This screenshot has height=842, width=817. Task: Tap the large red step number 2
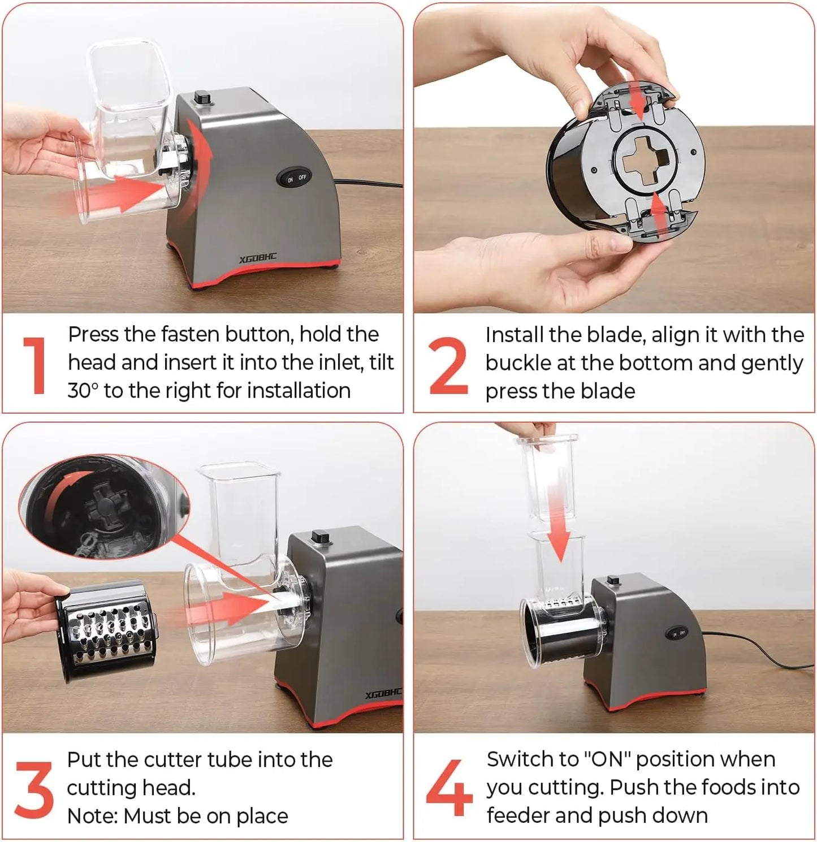tap(449, 365)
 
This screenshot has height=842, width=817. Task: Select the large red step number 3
tap(34, 790)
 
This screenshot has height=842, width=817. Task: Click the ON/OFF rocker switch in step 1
tap(294, 178)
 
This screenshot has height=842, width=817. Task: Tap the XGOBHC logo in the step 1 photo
tap(258, 259)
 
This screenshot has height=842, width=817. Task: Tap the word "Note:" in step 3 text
tap(93, 817)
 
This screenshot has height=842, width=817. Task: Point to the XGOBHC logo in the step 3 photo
tap(383, 694)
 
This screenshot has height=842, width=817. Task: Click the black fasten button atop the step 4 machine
tap(613, 580)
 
